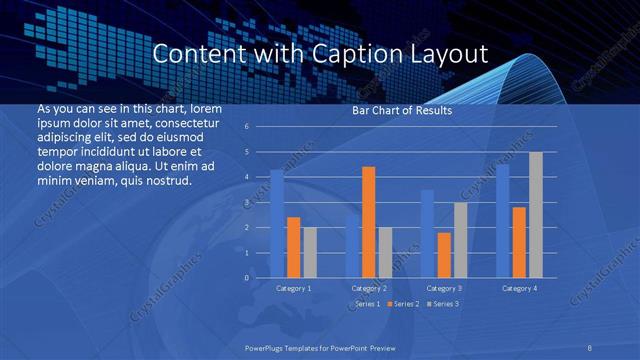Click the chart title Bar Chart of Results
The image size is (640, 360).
click(x=401, y=110)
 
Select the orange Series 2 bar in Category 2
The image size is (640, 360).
click(x=368, y=222)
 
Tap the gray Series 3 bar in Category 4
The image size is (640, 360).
click(x=536, y=215)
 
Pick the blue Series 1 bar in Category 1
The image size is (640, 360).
click(x=277, y=224)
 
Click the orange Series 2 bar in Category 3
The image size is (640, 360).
click(x=443, y=255)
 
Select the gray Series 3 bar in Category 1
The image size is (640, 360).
click(x=309, y=253)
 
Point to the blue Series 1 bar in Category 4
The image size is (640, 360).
click(x=503, y=221)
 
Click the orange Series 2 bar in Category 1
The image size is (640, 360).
click(x=293, y=248)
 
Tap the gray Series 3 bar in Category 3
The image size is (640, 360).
click(x=460, y=240)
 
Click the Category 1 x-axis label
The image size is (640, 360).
click(x=293, y=288)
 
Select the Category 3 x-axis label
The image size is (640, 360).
click(x=444, y=288)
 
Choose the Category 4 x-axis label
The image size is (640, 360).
click(x=519, y=288)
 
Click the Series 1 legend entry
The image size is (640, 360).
click(x=365, y=304)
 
